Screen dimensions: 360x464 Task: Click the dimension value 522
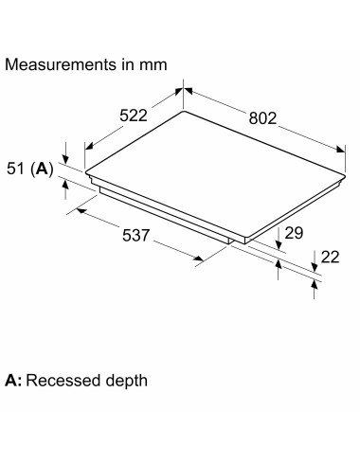(134, 116)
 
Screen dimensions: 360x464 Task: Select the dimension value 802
(262, 118)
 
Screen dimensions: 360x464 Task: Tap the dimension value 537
(135, 236)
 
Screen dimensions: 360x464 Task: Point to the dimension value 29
(294, 233)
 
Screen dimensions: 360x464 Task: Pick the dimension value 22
(330, 257)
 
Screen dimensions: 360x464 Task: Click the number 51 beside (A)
(15, 169)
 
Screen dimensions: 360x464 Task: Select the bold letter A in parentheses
(42, 169)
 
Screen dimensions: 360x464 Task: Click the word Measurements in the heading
(61, 64)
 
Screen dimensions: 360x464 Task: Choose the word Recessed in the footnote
(64, 381)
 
